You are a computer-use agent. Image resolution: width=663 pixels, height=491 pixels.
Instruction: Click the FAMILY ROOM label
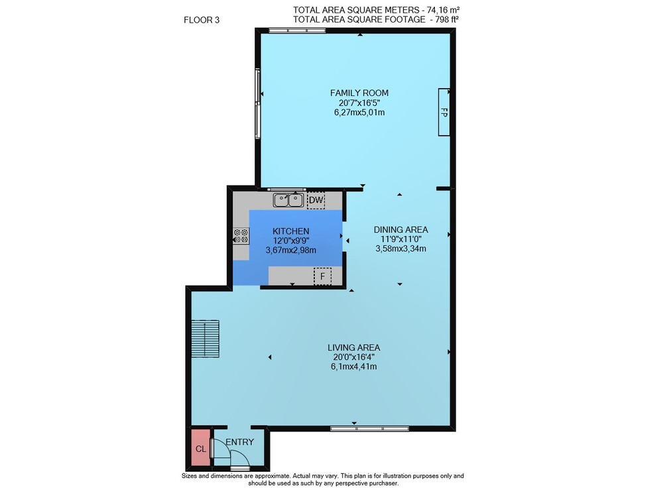point(359,93)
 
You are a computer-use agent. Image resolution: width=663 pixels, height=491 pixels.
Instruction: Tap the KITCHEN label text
point(290,231)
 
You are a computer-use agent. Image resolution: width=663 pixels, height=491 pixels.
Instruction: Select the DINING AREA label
point(400,229)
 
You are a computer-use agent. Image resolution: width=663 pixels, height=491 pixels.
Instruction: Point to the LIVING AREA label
point(353,347)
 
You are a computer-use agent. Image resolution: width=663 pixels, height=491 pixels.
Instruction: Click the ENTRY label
point(240,442)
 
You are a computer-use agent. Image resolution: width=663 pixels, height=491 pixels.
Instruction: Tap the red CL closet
point(201,447)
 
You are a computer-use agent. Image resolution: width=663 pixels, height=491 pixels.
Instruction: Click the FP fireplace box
point(444,112)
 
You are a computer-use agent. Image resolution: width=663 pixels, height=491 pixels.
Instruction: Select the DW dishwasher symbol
point(316,200)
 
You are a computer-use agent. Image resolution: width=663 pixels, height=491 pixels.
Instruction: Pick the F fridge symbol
point(322,276)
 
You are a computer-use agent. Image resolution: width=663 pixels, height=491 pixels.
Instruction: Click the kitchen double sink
point(288,200)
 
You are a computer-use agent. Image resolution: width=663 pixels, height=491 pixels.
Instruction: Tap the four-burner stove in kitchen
point(241,236)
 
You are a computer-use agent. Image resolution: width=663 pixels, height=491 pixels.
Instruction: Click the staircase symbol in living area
point(205,339)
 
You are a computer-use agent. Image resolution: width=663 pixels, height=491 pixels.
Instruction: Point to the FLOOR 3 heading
point(202,20)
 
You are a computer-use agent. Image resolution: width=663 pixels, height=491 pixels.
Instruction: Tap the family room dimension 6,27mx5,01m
point(359,113)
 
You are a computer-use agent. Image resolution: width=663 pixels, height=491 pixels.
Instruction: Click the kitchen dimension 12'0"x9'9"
point(291,241)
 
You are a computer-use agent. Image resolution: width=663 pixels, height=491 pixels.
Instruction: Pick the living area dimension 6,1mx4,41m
point(353,366)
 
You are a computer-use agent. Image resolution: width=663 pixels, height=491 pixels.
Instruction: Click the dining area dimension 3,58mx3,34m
point(400,248)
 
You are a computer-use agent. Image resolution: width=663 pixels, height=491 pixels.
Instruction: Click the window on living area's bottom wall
point(369,429)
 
